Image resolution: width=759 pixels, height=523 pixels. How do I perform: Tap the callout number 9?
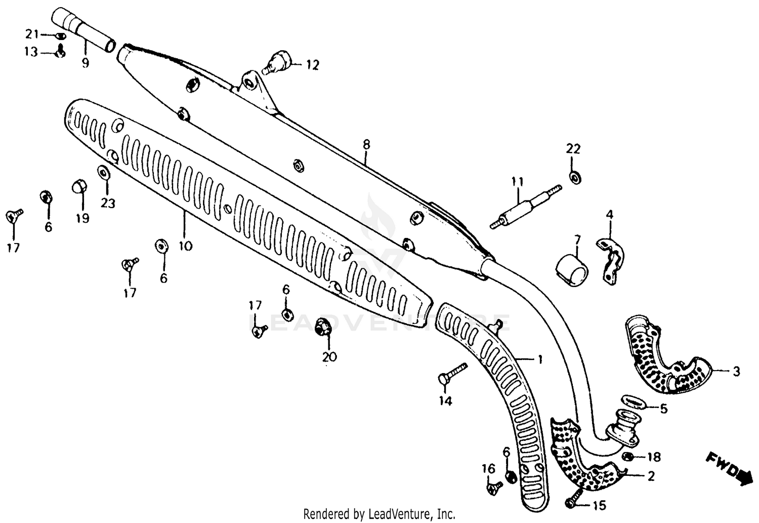click(85, 63)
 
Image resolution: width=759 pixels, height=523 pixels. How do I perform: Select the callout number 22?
click(573, 149)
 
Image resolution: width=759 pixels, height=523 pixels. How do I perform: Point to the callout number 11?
click(517, 181)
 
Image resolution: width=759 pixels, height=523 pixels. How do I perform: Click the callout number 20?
click(329, 356)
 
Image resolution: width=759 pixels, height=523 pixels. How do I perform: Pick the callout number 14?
click(445, 401)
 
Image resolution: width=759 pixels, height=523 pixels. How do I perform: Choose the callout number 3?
click(736, 372)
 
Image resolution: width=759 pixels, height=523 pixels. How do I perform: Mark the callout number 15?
click(599, 505)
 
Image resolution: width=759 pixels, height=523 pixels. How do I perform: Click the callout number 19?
click(82, 218)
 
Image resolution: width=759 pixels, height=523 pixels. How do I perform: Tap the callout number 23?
click(108, 203)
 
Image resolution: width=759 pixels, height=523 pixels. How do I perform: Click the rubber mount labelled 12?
click(279, 62)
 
